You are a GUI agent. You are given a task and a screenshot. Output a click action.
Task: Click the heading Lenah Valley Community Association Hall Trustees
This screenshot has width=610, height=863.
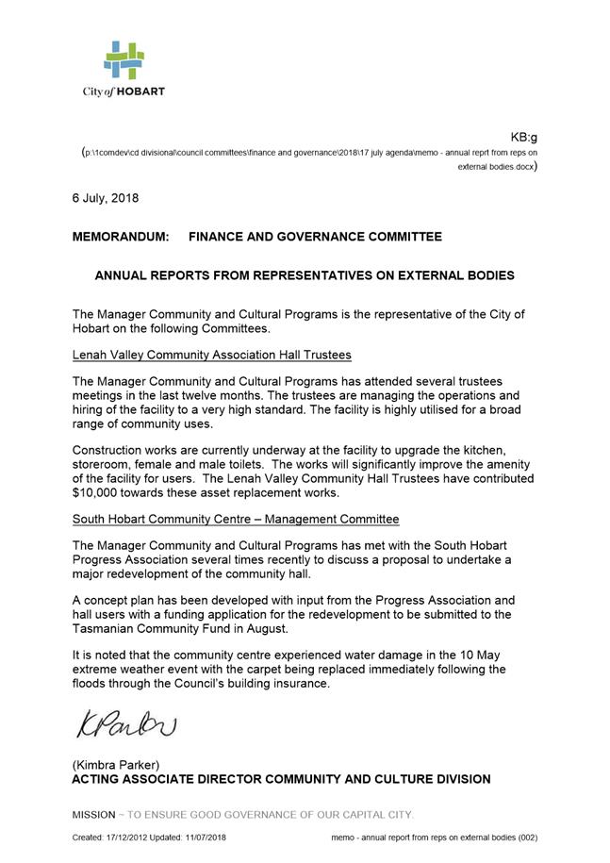point(211,355)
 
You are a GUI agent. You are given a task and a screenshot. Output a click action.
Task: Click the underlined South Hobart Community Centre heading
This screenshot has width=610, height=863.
point(236,520)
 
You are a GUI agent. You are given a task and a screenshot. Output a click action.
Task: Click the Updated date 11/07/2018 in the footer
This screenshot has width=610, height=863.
point(211,838)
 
